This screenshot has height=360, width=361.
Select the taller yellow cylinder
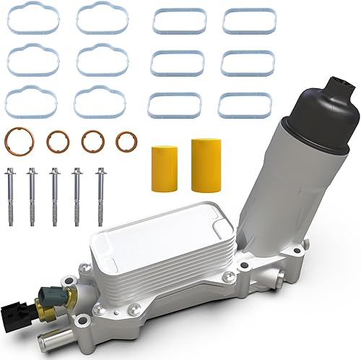pos(204,165)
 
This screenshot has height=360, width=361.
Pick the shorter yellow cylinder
pos(164,168)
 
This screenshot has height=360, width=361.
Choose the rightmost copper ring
pos(126,141)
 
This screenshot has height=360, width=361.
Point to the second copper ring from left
pos(58,141)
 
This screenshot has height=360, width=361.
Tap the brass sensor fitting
pos(69,301)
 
